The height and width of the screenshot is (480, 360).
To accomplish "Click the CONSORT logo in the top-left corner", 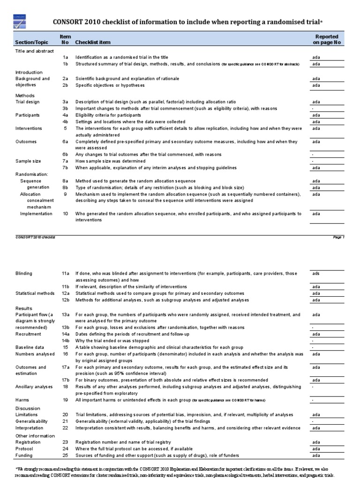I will pos(19,21).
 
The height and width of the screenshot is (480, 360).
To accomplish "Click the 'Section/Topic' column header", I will pos(29,43).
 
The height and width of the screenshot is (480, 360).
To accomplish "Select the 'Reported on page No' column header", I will pos(327,39).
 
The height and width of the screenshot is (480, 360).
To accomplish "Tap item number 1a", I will pos(66,57).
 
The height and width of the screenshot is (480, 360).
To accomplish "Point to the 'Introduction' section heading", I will pos(29,72).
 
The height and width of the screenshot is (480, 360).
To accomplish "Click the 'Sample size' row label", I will pos(28,161).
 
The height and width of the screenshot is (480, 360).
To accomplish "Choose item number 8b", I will pos(66,187).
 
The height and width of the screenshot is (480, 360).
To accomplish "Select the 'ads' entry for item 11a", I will pos(316,273).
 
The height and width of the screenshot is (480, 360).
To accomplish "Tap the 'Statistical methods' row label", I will pos(35,293).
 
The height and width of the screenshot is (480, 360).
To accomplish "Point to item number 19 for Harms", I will pos(66,400).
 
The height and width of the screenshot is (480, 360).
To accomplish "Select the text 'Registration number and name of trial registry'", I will pos(123,442).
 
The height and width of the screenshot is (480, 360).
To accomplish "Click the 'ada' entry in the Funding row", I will pos(316,455).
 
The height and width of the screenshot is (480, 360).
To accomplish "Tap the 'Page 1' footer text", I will pos(338,237).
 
